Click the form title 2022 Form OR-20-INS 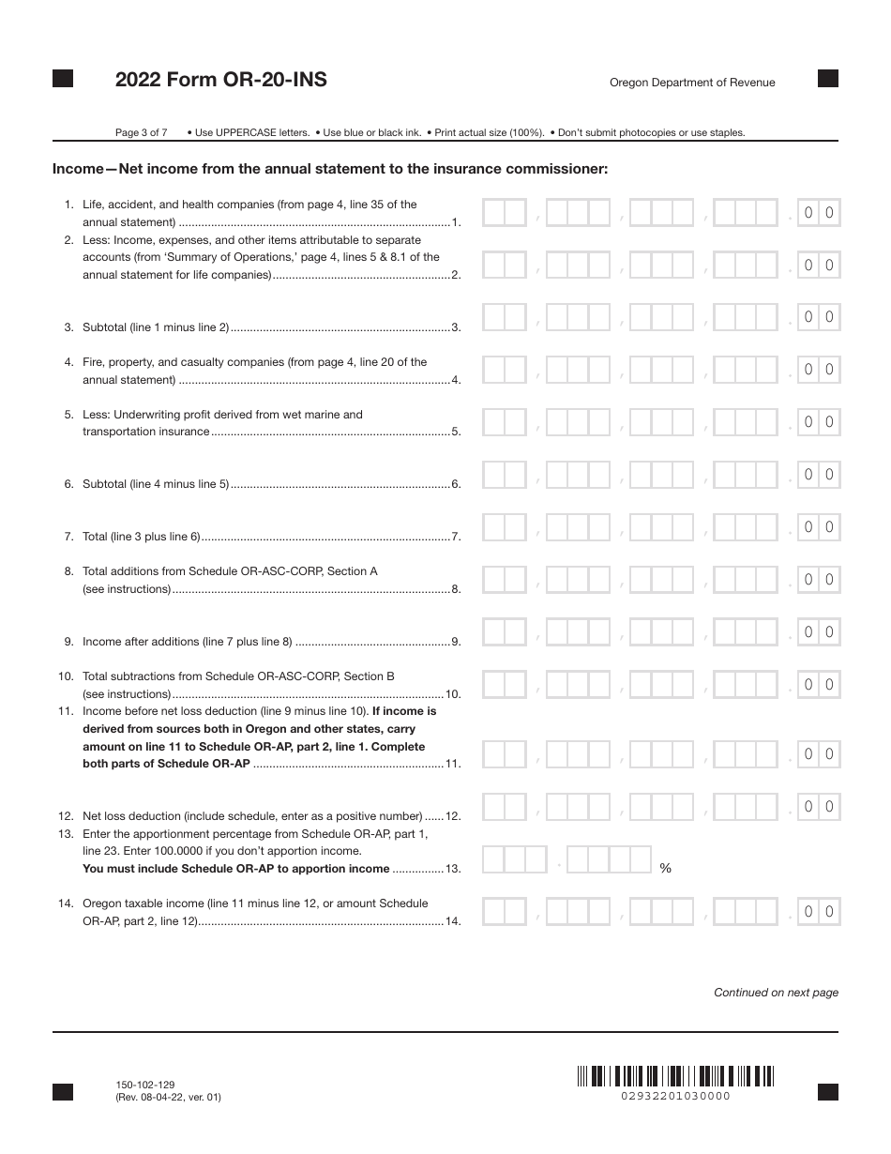tap(220, 81)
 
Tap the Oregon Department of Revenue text tap(692, 83)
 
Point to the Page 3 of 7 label tap(141, 132)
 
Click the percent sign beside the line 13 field tap(665, 869)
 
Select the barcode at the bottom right tap(675, 1075)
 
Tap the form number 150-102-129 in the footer tap(142, 1084)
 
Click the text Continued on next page tap(776, 993)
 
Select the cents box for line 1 tap(818, 213)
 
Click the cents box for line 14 tap(818, 912)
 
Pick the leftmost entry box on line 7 tap(505, 527)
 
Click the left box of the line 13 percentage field tap(514, 860)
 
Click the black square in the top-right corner tap(828, 79)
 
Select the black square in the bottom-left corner tap(63, 1091)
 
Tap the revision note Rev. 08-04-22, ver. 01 tap(169, 1097)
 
